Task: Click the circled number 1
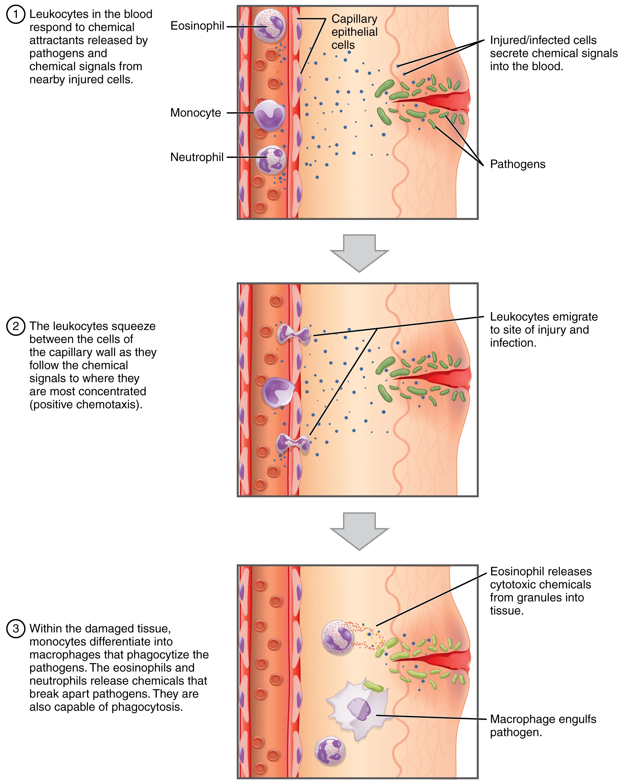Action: pyautogui.click(x=16, y=14)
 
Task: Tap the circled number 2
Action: pyautogui.click(x=16, y=326)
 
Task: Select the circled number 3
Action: pyautogui.click(x=16, y=628)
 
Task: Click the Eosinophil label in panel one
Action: pyautogui.click(x=197, y=26)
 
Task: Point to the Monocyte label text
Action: pyautogui.click(x=195, y=113)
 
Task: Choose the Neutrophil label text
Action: pyautogui.click(x=197, y=157)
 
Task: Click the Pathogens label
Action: pyautogui.click(x=517, y=164)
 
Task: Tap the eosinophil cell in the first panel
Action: pyautogui.click(x=269, y=26)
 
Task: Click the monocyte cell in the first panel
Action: pyautogui.click(x=269, y=116)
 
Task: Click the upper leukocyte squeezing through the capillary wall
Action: pyautogui.click(x=293, y=334)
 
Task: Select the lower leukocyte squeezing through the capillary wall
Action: pyautogui.click(x=293, y=443)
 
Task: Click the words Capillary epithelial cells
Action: pyautogui.click(x=354, y=32)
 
